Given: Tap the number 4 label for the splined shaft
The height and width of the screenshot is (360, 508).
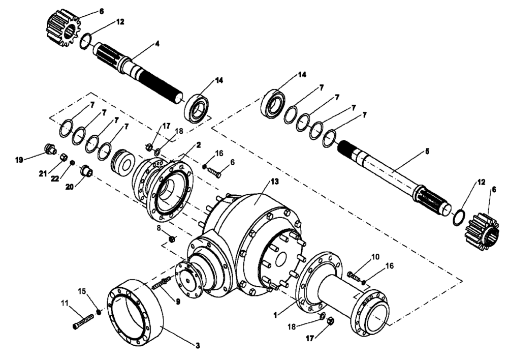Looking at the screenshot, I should coord(157,44).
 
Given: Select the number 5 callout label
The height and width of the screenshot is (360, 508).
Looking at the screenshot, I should coord(427,151).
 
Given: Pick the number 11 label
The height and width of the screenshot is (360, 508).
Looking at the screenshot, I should coord(64,303).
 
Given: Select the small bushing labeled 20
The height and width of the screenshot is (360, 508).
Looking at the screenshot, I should coord(87,170).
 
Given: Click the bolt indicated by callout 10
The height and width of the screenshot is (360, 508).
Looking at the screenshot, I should coord(353,276).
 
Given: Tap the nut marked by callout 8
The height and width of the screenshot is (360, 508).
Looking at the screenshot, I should coord(172,238).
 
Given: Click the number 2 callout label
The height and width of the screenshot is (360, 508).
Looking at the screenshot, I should coord(198,144).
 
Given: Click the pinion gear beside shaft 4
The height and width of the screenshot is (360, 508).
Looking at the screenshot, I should coord(63,25).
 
